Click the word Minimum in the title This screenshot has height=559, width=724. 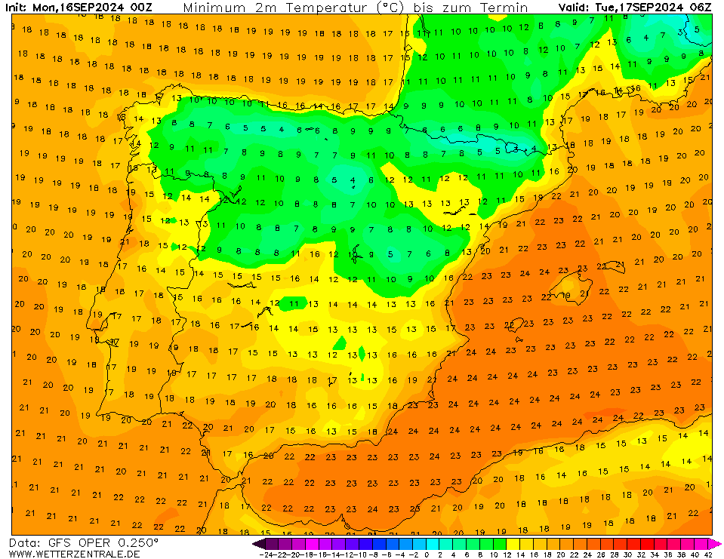tap(214, 8)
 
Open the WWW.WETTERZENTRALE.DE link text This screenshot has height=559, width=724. tap(74, 554)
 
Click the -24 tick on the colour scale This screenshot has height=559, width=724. tap(265, 554)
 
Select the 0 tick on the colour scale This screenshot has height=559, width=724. tap(427, 554)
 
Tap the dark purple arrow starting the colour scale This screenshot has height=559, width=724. tap(258, 542)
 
